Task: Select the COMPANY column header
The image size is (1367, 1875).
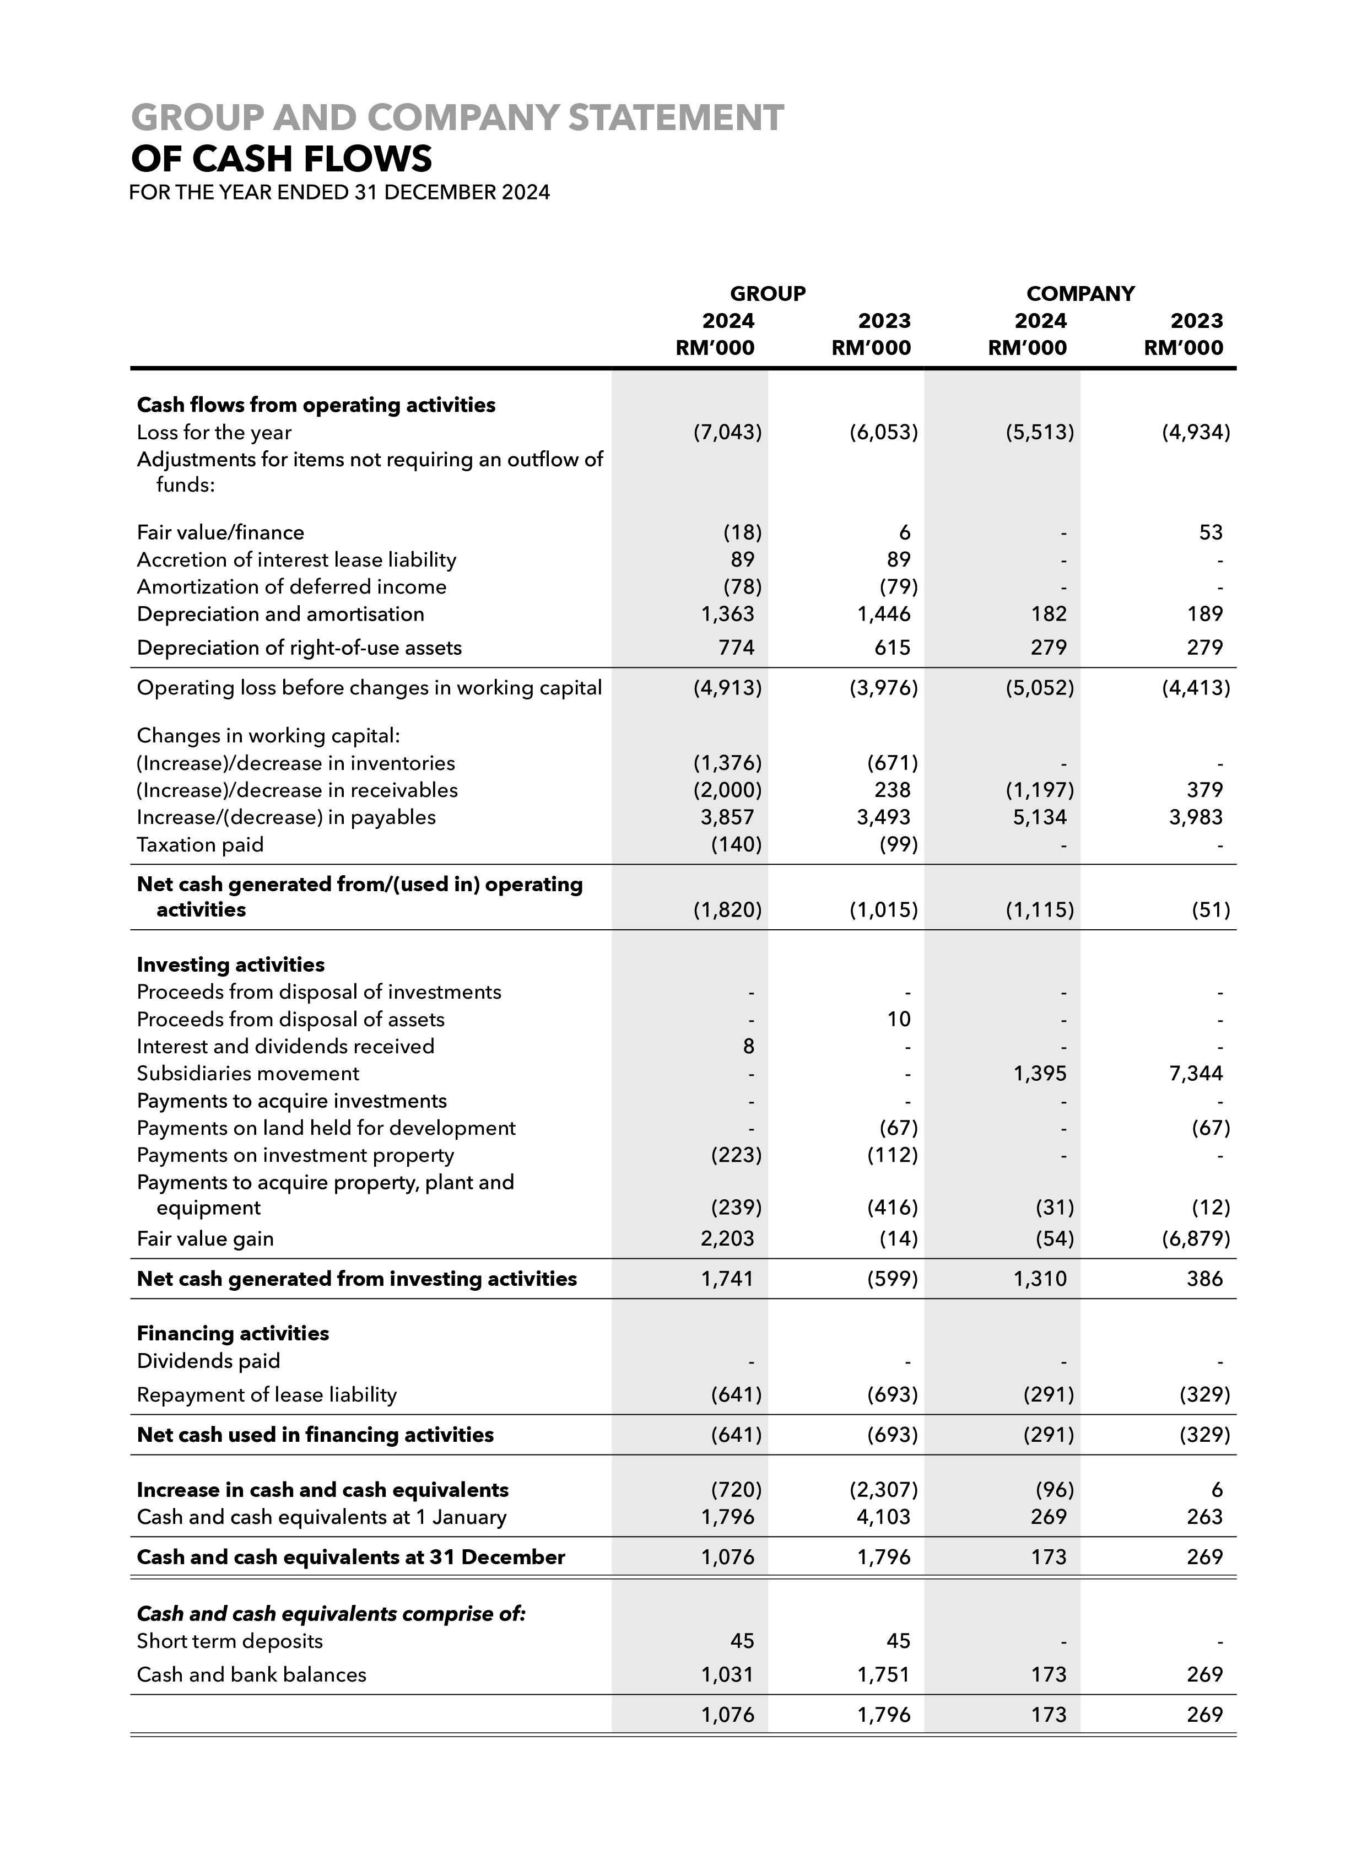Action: click(1080, 294)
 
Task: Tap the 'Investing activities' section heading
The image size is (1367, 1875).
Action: click(231, 965)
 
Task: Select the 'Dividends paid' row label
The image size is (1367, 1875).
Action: click(208, 1361)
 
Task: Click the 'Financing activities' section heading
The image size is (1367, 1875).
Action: click(233, 1333)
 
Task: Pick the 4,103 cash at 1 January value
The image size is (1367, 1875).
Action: click(884, 1517)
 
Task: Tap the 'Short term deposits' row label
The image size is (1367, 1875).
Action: click(230, 1641)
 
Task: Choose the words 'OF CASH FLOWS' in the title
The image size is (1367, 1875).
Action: click(282, 158)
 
